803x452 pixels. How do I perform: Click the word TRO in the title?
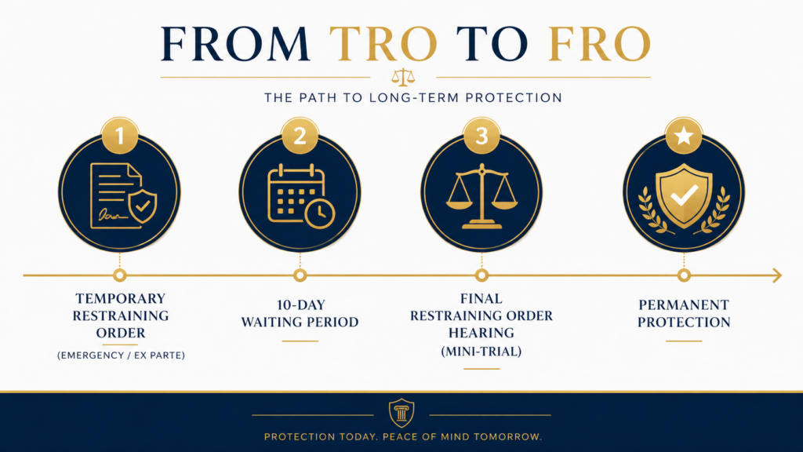[x=383, y=44]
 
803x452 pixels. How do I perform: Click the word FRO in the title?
[x=599, y=44]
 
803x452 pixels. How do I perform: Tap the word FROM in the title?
[x=235, y=44]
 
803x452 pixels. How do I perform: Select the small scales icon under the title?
[x=403, y=77]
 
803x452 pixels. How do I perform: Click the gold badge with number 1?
[x=120, y=136]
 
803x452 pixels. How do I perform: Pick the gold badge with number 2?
[x=300, y=136]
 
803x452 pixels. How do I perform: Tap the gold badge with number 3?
[x=481, y=136]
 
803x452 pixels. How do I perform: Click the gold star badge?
[x=684, y=136]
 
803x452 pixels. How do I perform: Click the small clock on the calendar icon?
[x=320, y=213]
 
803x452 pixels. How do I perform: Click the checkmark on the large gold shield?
[x=684, y=195]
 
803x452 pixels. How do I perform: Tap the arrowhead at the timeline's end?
[x=777, y=275]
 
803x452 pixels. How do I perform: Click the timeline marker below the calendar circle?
[x=300, y=275]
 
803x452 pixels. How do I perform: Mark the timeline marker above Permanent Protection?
[x=684, y=275]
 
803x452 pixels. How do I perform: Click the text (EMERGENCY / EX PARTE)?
[x=121, y=355]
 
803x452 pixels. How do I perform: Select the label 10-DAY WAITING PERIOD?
[x=300, y=313]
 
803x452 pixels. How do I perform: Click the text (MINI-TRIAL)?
[x=481, y=351]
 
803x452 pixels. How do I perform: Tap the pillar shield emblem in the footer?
[x=401, y=413]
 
